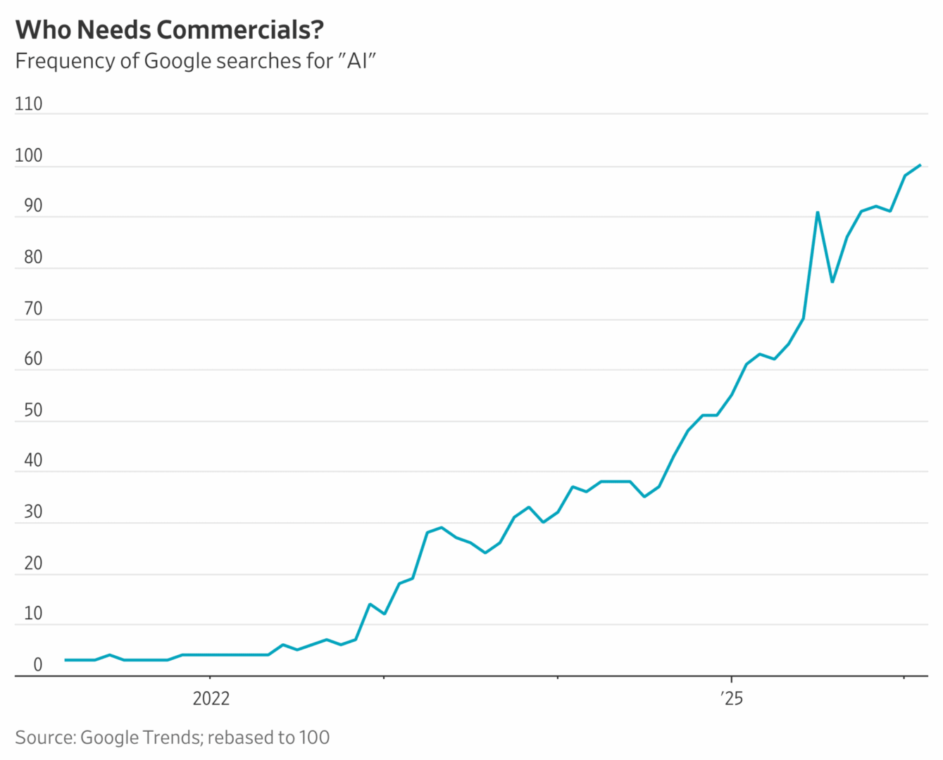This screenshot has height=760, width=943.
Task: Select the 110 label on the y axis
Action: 28,104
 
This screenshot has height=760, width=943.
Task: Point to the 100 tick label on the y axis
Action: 28,156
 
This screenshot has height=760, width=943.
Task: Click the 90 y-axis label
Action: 32,206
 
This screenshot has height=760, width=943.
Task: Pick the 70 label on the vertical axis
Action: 32,309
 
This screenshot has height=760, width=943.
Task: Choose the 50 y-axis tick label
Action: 32,410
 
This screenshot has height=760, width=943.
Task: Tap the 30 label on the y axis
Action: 32,512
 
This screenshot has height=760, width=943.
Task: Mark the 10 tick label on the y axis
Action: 32,614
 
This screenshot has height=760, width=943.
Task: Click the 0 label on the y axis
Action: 37,665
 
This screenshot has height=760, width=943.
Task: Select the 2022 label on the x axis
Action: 211,698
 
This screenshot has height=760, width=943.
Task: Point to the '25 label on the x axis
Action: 732,698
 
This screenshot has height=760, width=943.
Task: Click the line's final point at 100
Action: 920,165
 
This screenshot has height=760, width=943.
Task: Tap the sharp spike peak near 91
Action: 818,212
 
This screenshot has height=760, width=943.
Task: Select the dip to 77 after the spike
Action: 832,281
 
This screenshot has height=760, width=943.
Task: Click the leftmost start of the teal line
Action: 65,660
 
